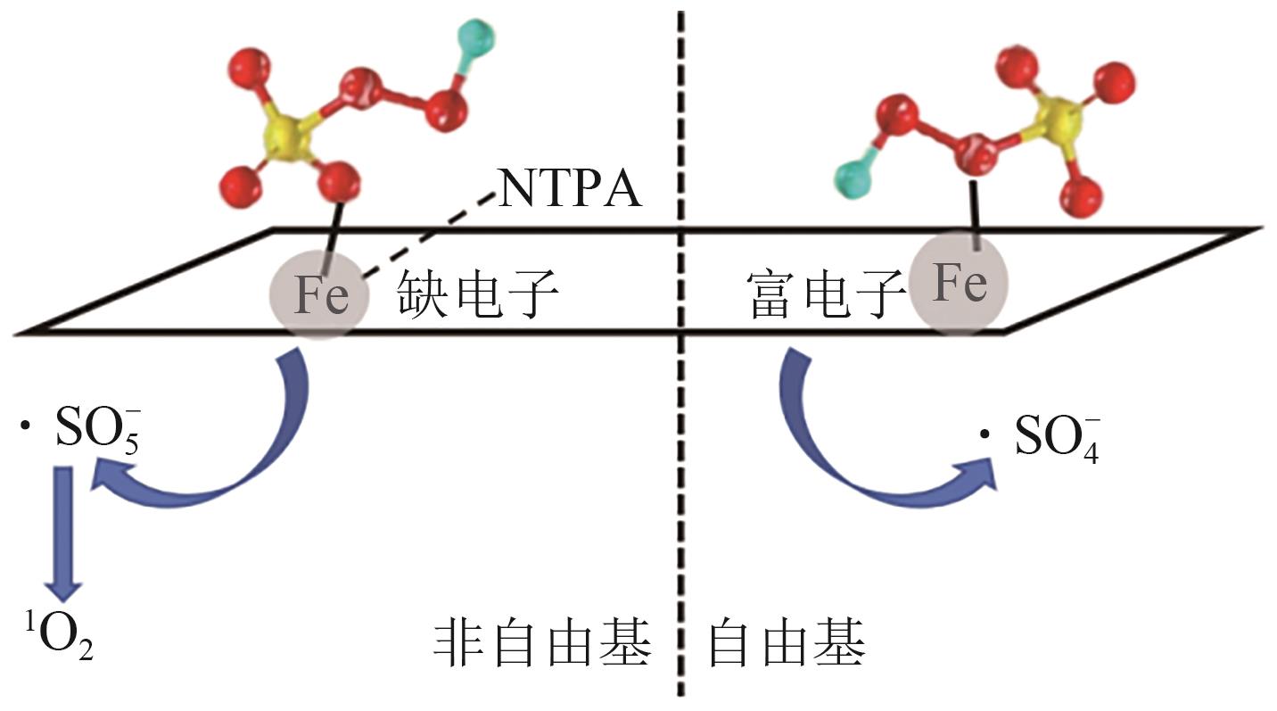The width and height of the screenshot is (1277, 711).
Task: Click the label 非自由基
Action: coord(542,643)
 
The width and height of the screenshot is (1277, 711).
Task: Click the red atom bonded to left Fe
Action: coord(339,182)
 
